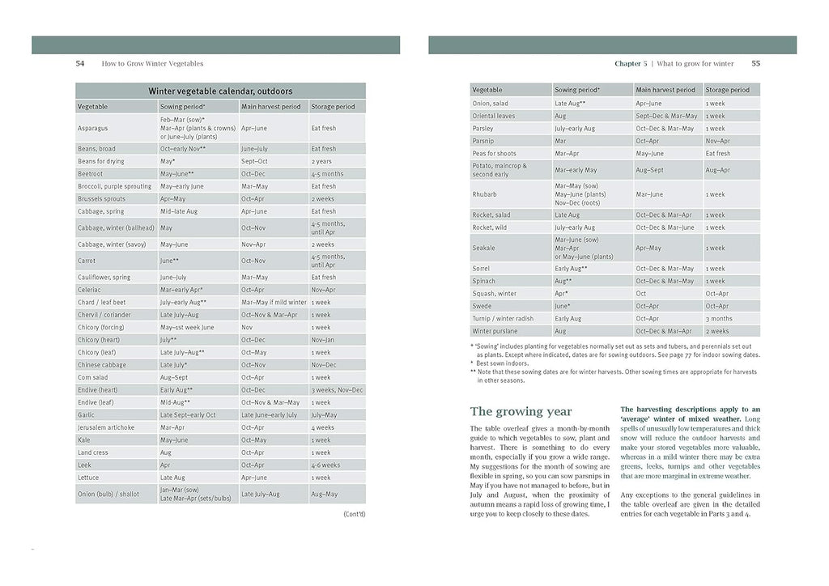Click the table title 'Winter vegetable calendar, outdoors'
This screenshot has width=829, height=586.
[x=220, y=91]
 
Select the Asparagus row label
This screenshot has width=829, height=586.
[x=92, y=128]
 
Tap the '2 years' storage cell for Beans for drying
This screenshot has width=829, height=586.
[x=321, y=161]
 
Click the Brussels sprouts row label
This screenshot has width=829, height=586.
[x=101, y=198]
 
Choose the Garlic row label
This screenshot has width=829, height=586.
[x=87, y=414]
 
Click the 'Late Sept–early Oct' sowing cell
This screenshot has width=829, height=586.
[x=188, y=414]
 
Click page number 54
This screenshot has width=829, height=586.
[x=80, y=63]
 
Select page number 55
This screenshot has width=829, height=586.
[x=755, y=63]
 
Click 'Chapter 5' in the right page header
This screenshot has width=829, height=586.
[x=631, y=63]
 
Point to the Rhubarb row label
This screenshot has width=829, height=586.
[x=484, y=194]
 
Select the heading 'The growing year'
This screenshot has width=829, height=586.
[x=521, y=411]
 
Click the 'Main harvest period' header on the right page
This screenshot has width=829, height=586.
[x=665, y=90]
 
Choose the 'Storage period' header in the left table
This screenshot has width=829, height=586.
[x=333, y=106]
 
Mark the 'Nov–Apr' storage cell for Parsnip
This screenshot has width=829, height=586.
[x=717, y=141]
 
